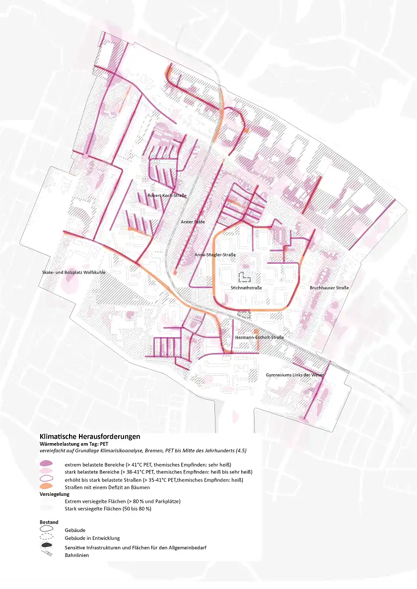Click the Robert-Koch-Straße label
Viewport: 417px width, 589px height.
[167, 196]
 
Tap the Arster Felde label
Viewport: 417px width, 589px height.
[193, 222]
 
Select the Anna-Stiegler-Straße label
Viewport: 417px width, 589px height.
[215, 255]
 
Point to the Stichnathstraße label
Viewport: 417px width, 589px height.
[246, 288]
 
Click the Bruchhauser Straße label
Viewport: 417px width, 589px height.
[329, 288]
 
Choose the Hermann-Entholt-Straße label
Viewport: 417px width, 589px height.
[260, 337]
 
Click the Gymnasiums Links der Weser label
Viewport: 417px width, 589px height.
[294, 375]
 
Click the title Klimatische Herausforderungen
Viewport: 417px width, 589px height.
[90, 436]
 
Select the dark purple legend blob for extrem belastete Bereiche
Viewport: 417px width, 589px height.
[46, 464]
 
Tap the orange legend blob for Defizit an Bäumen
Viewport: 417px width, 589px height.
[46, 487]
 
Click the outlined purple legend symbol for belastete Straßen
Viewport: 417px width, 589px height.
[46, 479]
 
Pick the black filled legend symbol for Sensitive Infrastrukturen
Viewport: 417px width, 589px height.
[46, 546]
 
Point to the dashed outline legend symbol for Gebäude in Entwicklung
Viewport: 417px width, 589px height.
[46, 538]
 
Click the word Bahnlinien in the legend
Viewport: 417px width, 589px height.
[77, 555]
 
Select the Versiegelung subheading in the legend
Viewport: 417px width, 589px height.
[55, 494]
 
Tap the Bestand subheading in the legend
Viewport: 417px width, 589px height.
[49, 522]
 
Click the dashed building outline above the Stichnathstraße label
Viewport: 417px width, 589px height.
[245, 277]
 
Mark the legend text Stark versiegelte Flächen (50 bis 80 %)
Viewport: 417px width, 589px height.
[108, 509]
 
